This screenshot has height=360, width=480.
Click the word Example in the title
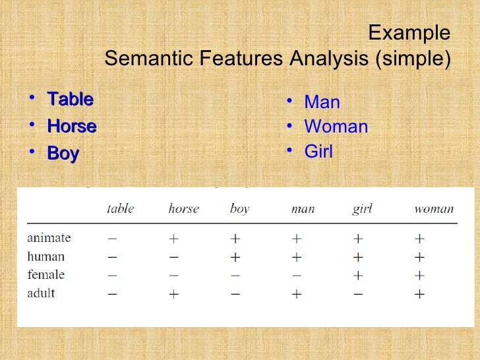pos(409,33)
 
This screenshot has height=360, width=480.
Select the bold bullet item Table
pos(70,100)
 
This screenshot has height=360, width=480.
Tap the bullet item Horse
pos(72,126)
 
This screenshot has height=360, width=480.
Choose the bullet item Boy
pos(63,154)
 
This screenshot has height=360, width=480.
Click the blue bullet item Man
pos(322,102)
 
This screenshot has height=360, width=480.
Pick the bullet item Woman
pos(336,127)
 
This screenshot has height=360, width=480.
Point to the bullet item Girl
pos(318,152)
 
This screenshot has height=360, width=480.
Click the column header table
pos(121,209)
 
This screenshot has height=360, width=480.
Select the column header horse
pos(183,209)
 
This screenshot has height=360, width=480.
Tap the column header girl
pos(362,209)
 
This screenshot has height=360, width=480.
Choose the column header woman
pos(433,209)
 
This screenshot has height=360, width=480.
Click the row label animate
pos(49,237)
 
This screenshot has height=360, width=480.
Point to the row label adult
pos(41,293)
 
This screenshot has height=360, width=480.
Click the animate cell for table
pos(113,238)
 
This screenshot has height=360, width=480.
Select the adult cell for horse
pos(173,294)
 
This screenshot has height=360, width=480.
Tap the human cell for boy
pos(235,257)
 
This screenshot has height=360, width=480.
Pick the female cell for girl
pos(358,276)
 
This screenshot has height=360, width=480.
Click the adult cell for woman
pos(419,294)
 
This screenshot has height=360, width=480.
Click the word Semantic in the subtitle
pos(145,59)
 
